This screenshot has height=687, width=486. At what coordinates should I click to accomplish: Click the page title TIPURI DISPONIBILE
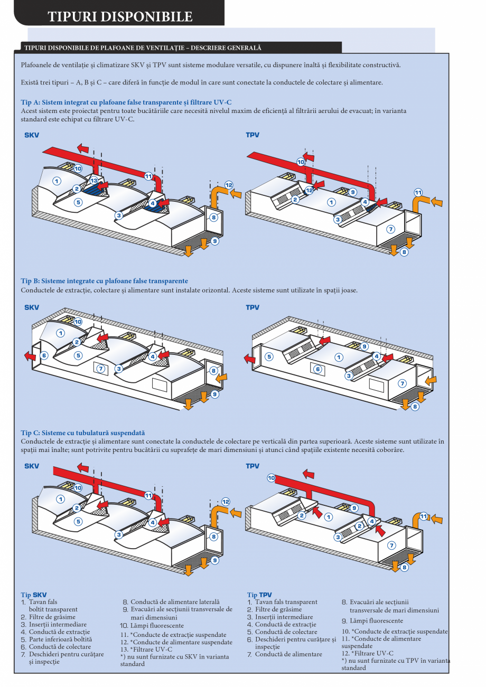[x=120, y=16]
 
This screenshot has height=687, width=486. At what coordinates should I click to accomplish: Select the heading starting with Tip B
[x=104, y=281]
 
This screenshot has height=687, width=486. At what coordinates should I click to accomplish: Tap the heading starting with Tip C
[x=82, y=432]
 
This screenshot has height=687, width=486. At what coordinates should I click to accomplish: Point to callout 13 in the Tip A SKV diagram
[x=94, y=181]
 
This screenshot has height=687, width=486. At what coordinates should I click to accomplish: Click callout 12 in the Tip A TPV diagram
[x=309, y=190]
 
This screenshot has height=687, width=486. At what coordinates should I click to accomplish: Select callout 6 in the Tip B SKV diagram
[x=44, y=355]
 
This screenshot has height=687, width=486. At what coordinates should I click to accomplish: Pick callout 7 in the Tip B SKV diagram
[x=101, y=368]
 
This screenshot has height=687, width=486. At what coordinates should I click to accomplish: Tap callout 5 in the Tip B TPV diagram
[x=269, y=356]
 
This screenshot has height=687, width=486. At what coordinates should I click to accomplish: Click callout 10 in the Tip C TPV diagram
[x=271, y=478]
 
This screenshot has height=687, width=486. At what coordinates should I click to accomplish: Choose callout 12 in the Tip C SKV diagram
[x=226, y=502]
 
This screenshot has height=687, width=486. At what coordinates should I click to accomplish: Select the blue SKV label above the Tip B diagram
[x=32, y=307]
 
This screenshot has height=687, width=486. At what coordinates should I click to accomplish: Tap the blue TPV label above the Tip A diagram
[x=253, y=135]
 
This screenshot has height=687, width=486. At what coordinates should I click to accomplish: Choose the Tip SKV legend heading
[x=33, y=595]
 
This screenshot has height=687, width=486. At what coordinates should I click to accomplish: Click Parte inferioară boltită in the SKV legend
[x=52, y=639]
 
